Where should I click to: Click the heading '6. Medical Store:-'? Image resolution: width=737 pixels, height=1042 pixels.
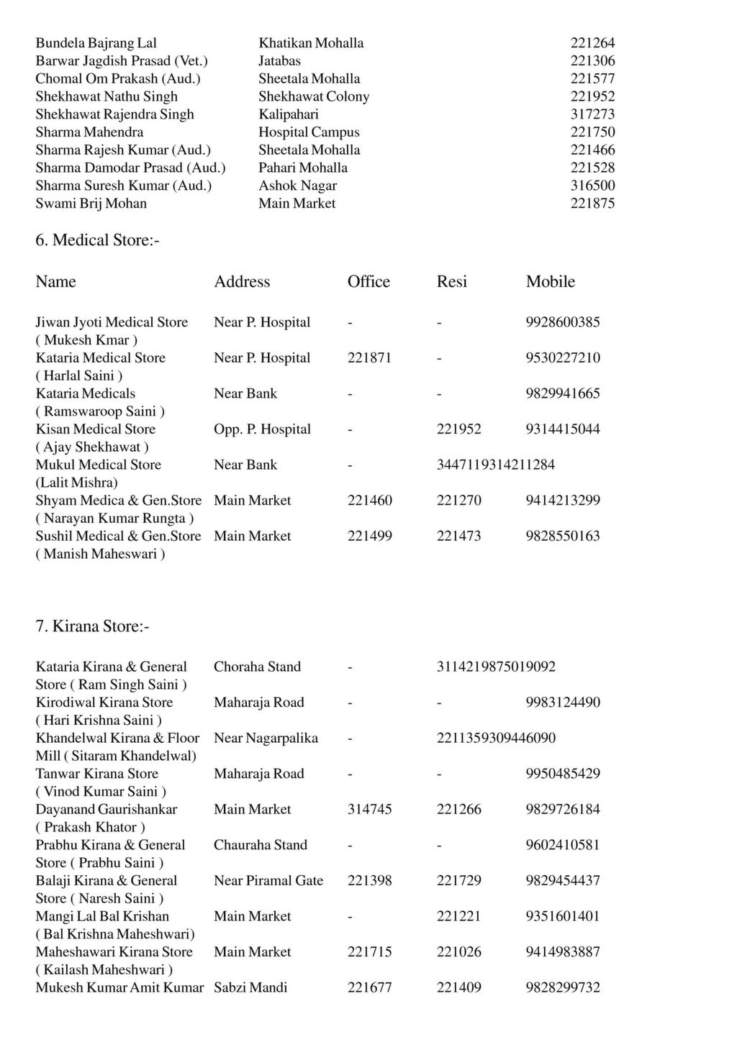point(98,240)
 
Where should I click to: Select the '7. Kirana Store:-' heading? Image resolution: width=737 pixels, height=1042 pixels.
point(93,626)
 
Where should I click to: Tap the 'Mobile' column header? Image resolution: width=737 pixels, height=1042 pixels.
point(551,282)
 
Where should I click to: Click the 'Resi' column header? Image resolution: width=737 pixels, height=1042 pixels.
point(452,282)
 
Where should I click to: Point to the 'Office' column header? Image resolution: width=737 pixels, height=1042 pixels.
point(368,282)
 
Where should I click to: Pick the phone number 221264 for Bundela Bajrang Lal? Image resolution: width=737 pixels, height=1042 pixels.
point(592,43)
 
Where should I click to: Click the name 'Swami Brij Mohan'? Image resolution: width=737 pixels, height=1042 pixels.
point(91,204)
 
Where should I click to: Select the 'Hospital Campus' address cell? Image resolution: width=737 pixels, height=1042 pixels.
point(309,132)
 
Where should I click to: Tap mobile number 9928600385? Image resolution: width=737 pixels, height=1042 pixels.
point(563,322)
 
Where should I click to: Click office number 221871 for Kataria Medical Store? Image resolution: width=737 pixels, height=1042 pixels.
point(370,358)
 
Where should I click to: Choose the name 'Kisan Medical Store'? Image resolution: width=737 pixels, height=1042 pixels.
point(96,429)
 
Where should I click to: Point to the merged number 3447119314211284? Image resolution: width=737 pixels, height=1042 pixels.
point(496,465)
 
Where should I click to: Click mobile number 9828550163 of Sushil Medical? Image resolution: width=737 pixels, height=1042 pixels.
point(563,536)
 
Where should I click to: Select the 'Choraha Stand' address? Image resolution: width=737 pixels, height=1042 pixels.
point(257,667)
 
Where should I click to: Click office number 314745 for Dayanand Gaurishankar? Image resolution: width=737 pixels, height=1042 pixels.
point(370,810)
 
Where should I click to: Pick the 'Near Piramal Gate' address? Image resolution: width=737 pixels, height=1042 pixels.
point(268,881)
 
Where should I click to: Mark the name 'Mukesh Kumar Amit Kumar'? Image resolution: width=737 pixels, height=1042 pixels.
point(120,987)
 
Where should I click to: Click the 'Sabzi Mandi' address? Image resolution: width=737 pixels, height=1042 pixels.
point(250,987)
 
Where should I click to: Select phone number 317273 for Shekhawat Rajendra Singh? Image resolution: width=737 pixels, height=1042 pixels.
point(592,114)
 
